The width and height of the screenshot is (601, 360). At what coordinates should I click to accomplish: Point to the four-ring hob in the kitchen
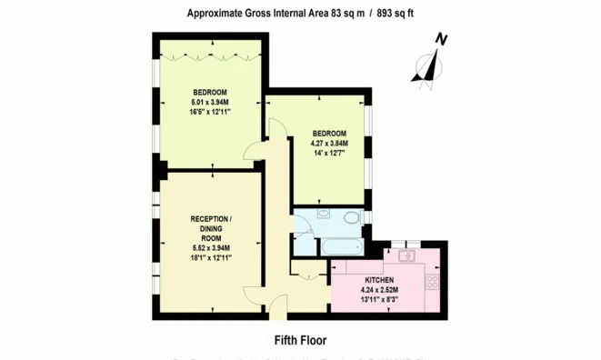click(432, 282)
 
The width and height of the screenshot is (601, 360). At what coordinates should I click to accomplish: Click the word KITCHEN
click(379, 279)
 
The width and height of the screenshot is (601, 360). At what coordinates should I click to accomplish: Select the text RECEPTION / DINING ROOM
click(210, 228)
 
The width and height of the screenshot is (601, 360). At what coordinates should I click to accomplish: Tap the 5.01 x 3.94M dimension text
click(210, 103)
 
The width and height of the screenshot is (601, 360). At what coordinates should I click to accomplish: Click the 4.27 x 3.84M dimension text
click(329, 144)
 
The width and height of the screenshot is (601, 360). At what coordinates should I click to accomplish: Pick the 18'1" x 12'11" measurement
click(210, 258)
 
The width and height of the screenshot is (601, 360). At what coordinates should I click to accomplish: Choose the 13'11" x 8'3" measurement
click(379, 300)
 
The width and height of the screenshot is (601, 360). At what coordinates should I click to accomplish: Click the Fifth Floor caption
click(300, 339)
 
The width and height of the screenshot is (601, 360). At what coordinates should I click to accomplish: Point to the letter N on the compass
click(441, 39)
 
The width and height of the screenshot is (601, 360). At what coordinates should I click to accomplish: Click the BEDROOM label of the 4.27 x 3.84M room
click(329, 133)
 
